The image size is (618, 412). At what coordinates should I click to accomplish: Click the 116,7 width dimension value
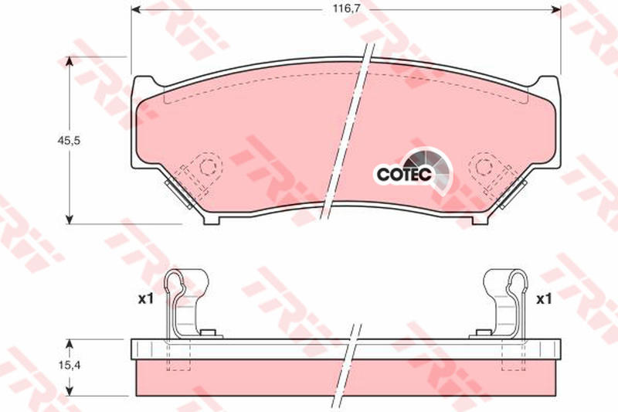(x=346, y=9)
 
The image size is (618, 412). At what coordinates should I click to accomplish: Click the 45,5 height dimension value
(x=69, y=141)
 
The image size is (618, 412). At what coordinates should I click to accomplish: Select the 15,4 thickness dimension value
(x=70, y=366)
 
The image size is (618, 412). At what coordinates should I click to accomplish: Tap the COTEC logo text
(x=404, y=174)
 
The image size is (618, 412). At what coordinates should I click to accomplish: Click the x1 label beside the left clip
(x=145, y=299)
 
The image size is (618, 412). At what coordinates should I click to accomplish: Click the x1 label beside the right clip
(x=544, y=299)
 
